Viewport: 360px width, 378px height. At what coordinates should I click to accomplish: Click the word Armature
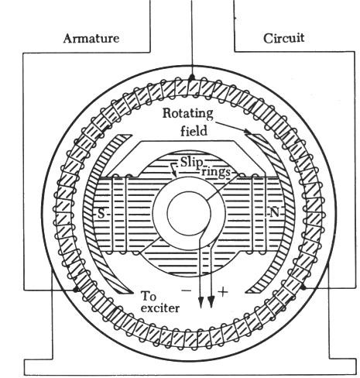point(91,39)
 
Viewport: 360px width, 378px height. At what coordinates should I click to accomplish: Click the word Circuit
point(283,38)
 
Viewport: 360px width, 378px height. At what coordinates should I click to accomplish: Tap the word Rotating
point(187,114)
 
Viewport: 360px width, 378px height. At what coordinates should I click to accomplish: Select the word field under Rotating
point(194,130)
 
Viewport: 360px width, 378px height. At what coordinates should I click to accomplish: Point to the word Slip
point(191,163)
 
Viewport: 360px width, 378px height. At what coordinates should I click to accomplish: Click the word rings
point(216,172)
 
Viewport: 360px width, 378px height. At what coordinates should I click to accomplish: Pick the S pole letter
point(101,213)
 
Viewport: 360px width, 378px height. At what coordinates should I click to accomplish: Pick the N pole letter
point(274,212)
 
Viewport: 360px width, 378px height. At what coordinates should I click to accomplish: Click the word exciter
point(160,308)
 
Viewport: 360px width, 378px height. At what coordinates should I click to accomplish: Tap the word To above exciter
point(149,296)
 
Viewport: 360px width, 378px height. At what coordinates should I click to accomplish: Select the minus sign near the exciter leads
point(187,290)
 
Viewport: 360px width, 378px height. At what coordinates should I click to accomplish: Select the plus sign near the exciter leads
point(223,292)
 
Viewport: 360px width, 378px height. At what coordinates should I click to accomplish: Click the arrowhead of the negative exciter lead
point(201,302)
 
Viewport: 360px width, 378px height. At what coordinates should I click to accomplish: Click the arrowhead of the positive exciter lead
point(211,302)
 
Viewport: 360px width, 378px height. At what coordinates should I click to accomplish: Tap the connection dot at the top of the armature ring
point(191,77)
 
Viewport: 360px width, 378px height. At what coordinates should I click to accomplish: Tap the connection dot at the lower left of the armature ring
point(75,290)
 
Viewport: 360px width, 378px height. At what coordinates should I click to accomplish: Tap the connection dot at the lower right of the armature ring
point(303,287)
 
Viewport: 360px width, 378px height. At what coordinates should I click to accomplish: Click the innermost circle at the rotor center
point(189,191)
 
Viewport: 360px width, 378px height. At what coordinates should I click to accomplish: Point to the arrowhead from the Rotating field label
point(248,132)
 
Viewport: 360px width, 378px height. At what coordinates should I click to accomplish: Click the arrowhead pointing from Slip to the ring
point(175,174)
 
